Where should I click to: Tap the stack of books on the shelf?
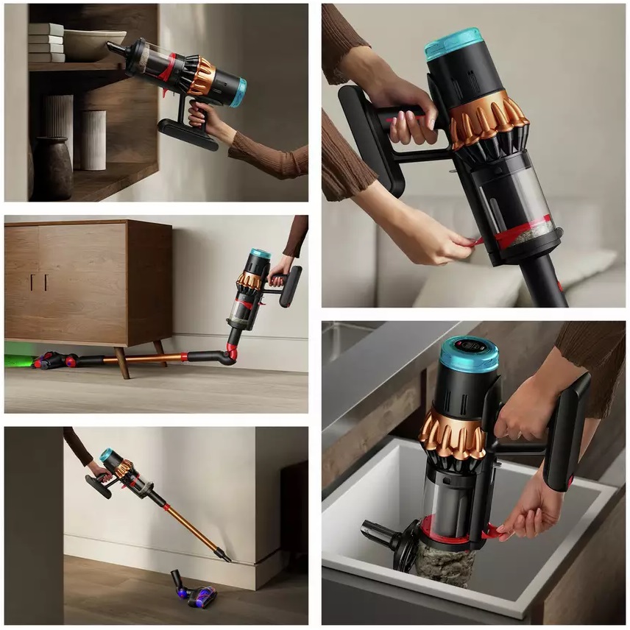46,43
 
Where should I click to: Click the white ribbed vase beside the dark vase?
93,139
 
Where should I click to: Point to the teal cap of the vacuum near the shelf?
238,93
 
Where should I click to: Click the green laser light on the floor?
19,361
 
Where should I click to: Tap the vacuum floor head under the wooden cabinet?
52,360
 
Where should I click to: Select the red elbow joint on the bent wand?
232,352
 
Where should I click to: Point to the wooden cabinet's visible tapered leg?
121,362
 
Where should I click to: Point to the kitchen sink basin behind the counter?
346,339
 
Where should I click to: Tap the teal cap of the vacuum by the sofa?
453,43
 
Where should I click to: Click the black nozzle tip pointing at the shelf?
113,48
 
